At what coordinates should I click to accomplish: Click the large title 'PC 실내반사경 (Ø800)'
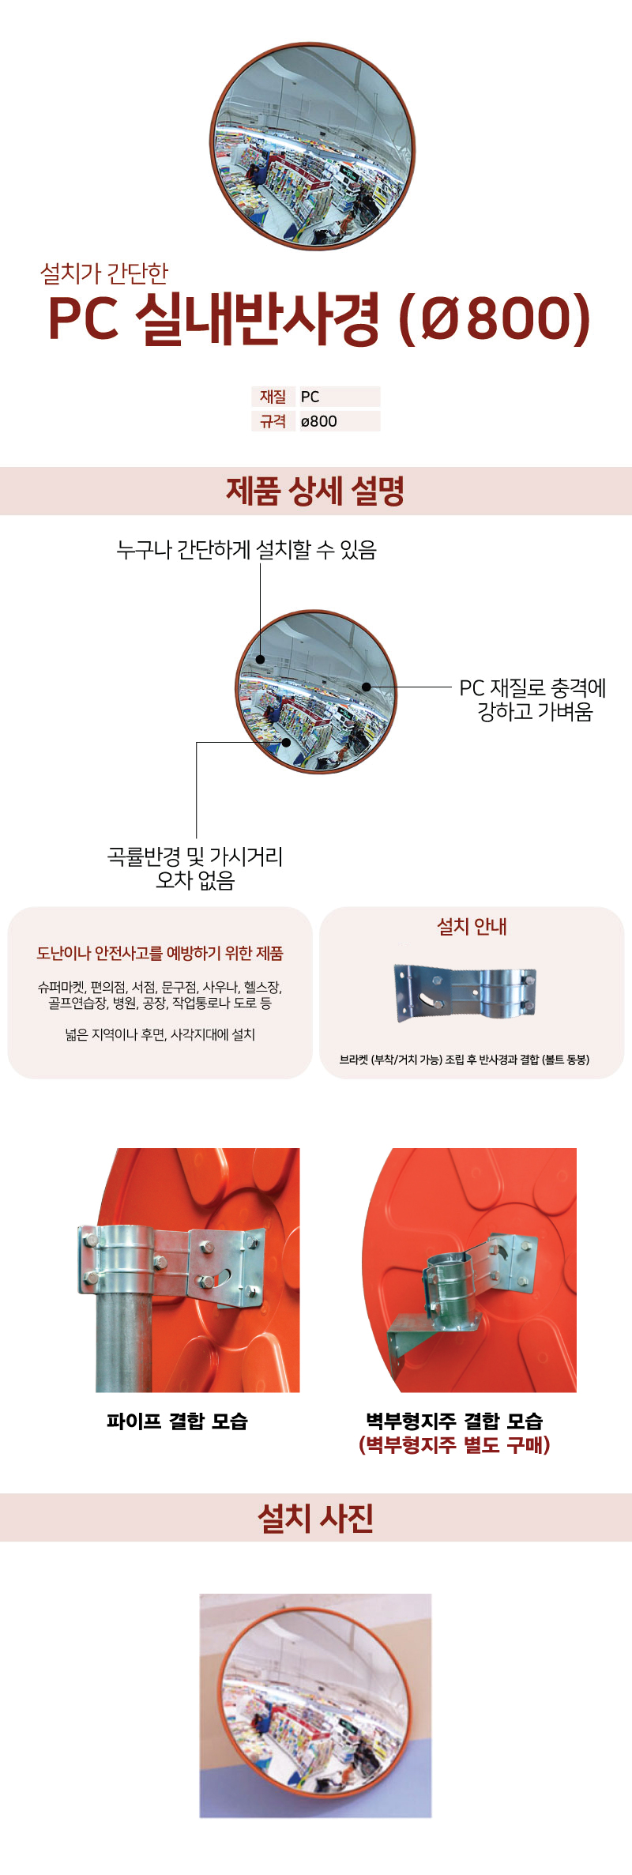pos(319,318)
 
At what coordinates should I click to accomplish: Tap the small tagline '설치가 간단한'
pos(104,273)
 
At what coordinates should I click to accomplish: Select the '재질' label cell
pos(273,397)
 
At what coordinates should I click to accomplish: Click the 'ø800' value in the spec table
pos(319,421)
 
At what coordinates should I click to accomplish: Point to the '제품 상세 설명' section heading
pos(315,491)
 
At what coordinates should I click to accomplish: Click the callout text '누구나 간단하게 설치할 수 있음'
pos(246,549)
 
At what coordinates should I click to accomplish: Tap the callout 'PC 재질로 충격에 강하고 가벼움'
pos(533,699)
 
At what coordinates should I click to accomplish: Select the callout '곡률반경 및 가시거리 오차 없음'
pos(195,868)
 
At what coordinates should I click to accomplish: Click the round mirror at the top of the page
pos(313,146)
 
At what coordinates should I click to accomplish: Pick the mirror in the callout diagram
pos(316,691)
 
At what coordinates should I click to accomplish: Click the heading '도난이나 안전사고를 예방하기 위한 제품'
pos(160,953)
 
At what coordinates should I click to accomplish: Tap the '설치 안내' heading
pos(472,926)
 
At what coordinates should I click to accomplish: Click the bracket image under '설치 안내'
pos(465,993)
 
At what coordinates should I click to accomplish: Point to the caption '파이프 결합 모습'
pos(178,1421)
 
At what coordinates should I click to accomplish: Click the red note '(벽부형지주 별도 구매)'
pos(454,1444)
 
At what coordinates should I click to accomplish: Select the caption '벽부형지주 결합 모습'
pos(454,1421)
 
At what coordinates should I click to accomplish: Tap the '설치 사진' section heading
pos(315,1517)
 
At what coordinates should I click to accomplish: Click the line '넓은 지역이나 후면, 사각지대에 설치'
pos(160,1034)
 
